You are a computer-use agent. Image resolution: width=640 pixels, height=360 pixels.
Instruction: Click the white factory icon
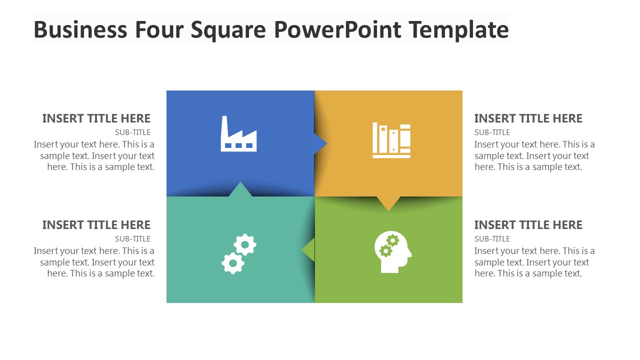(x=238, y=135)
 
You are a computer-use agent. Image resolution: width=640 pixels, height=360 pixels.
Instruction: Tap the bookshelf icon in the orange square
(x=391, y=140)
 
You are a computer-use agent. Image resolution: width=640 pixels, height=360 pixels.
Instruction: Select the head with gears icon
(x=392, y=252)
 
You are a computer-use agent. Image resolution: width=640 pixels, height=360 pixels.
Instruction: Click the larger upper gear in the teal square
(x=245, y=244)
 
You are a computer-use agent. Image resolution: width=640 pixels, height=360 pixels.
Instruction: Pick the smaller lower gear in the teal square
(x=232, y=262)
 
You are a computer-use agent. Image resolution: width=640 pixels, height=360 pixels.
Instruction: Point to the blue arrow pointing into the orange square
(x=320, y=143)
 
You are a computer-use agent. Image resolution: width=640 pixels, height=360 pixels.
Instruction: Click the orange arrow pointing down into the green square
(x=388, y=202)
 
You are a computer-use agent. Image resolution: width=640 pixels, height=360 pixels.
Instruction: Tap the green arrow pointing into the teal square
(x=309, y=249)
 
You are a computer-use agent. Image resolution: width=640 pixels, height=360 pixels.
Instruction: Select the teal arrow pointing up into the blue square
(x=240, y=189)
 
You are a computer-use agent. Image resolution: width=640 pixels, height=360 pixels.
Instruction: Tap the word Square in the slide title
(x=228, y=29)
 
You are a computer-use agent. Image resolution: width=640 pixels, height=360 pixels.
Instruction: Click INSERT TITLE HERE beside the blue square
(x=96, y=118)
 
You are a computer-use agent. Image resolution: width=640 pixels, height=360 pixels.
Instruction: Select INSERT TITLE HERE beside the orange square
(x=528, y=118)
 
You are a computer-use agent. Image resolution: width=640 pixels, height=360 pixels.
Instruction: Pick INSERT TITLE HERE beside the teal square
(x=96, y=225)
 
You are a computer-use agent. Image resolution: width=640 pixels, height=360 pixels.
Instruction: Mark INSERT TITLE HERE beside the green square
(x=528, y=225)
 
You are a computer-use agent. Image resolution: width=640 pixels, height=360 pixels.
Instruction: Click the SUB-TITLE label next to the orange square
(x=492, y=132)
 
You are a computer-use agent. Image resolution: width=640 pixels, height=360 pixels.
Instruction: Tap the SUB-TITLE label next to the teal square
(x=132, y=239)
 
